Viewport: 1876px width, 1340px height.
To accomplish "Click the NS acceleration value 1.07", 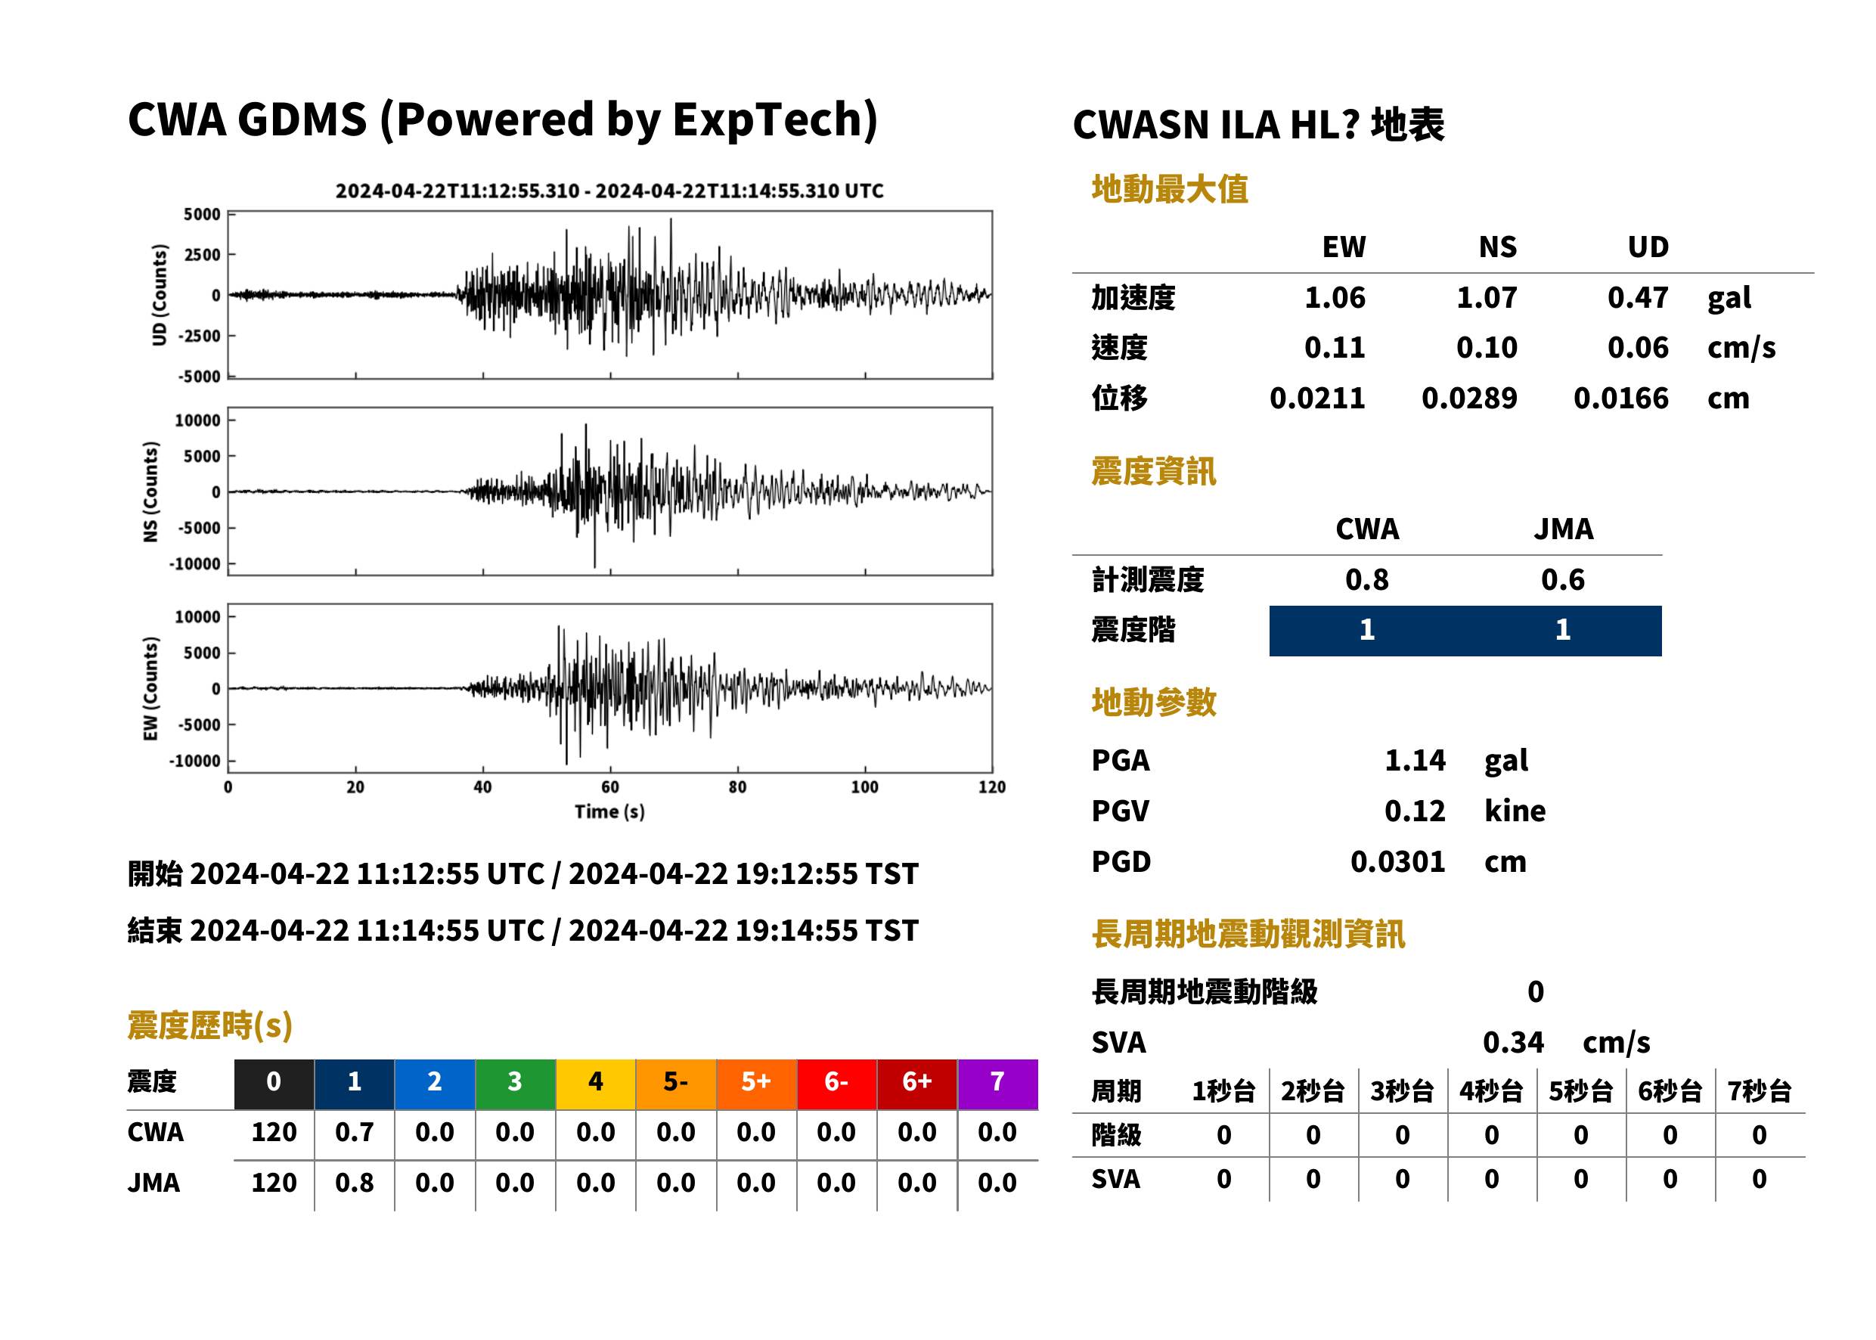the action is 1486,297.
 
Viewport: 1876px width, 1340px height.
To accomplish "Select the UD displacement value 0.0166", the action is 1620,399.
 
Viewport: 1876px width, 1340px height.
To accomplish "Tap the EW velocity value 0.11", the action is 1334,347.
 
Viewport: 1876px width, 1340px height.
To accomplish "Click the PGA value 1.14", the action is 1415,760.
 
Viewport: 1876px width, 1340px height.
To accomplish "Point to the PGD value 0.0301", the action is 1397,861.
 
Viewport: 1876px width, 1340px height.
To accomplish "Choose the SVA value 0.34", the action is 1513,1042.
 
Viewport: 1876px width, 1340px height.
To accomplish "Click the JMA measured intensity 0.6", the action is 1562,579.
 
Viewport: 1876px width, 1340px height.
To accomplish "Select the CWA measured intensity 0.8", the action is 1367,579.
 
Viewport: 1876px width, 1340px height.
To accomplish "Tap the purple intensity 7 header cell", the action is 997,1084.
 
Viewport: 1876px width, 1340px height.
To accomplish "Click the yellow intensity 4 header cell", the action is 596,1084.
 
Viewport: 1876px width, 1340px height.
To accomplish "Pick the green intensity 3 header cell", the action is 516,1084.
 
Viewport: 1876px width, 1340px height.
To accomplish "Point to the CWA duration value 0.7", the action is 354,1132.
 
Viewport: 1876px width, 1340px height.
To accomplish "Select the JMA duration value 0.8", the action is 354,1183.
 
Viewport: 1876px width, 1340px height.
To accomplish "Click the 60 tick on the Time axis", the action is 609,787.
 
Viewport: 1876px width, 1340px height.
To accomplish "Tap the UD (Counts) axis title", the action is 160,295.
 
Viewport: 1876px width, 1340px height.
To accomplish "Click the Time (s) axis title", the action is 609,812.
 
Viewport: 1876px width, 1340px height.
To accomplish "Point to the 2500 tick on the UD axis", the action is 202,254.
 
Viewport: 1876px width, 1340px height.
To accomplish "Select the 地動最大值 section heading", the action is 1170,189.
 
